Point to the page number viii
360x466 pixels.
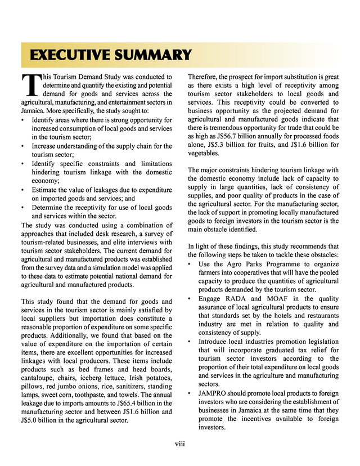[x=180, y=445]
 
